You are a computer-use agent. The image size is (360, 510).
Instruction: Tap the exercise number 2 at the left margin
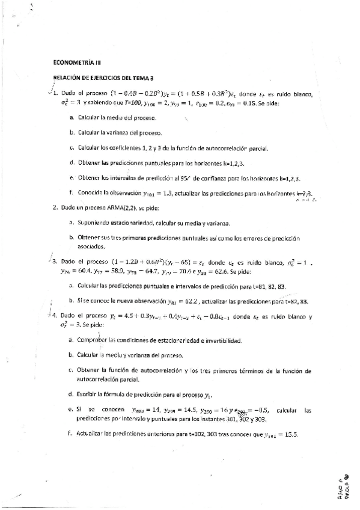click(55, 207)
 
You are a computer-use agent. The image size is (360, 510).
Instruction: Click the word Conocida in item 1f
click(91, 193)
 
